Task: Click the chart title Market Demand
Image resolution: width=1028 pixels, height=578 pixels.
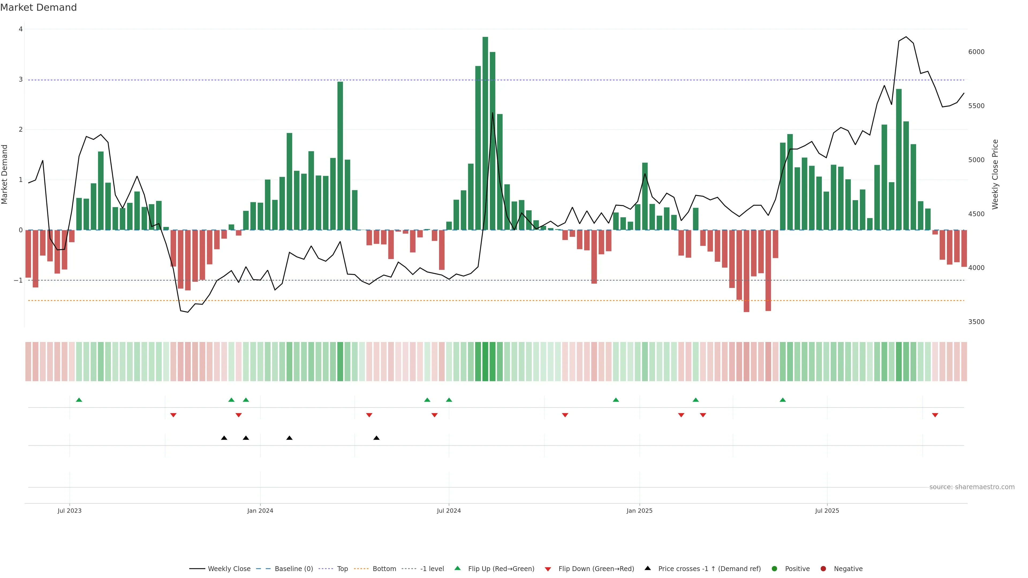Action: click(38, 7)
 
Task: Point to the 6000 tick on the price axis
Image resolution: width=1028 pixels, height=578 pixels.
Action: click(976, 52)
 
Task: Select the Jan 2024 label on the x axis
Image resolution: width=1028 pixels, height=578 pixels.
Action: click(260, 511)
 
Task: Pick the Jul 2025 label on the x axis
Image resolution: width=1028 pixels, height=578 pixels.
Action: click(827, 511)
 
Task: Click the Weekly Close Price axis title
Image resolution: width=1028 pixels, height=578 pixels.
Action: click(995, 174)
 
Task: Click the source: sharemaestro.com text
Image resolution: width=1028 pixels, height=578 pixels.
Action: click(972, 487)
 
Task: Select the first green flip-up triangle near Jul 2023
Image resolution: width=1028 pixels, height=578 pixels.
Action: click(79, 400)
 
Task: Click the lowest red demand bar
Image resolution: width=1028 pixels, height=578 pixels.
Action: click(746, 271)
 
